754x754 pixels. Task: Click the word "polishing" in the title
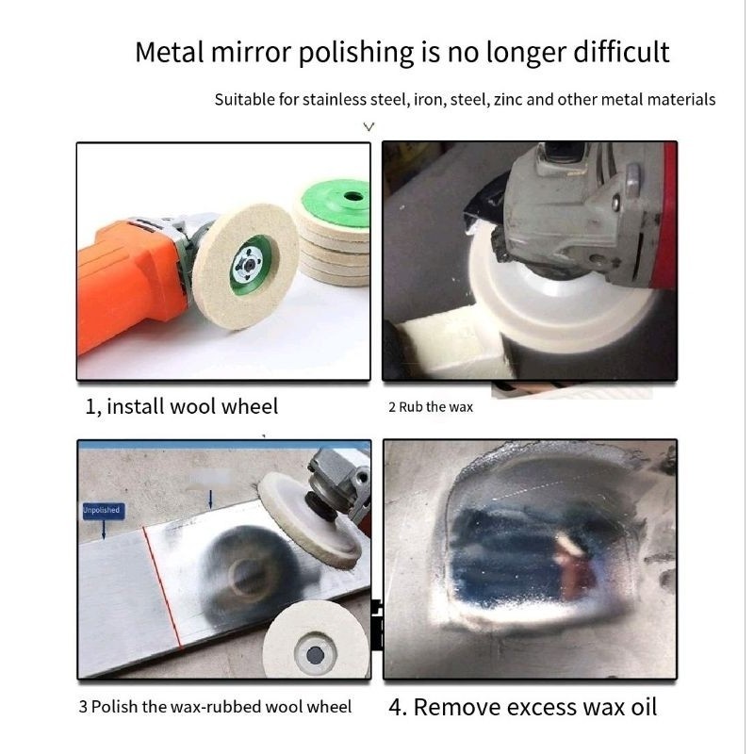(x=356, y=53)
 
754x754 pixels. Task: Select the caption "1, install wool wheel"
(x=181, y=407)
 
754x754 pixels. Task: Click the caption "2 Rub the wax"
(x=431, y=407)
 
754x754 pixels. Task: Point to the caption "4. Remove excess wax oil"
(x=523, y=707)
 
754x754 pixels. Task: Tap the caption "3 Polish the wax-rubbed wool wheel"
(x=215, y=707)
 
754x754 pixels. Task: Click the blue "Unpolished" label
(x=104, y=510)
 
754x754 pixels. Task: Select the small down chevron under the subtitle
(x=369, y=127)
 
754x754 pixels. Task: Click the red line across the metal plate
(x=162, y=586)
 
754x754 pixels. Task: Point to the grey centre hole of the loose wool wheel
(x=315, y=654)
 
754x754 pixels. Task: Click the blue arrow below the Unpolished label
(x=104, y=530)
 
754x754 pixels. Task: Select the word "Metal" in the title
(x=170, y=52)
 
